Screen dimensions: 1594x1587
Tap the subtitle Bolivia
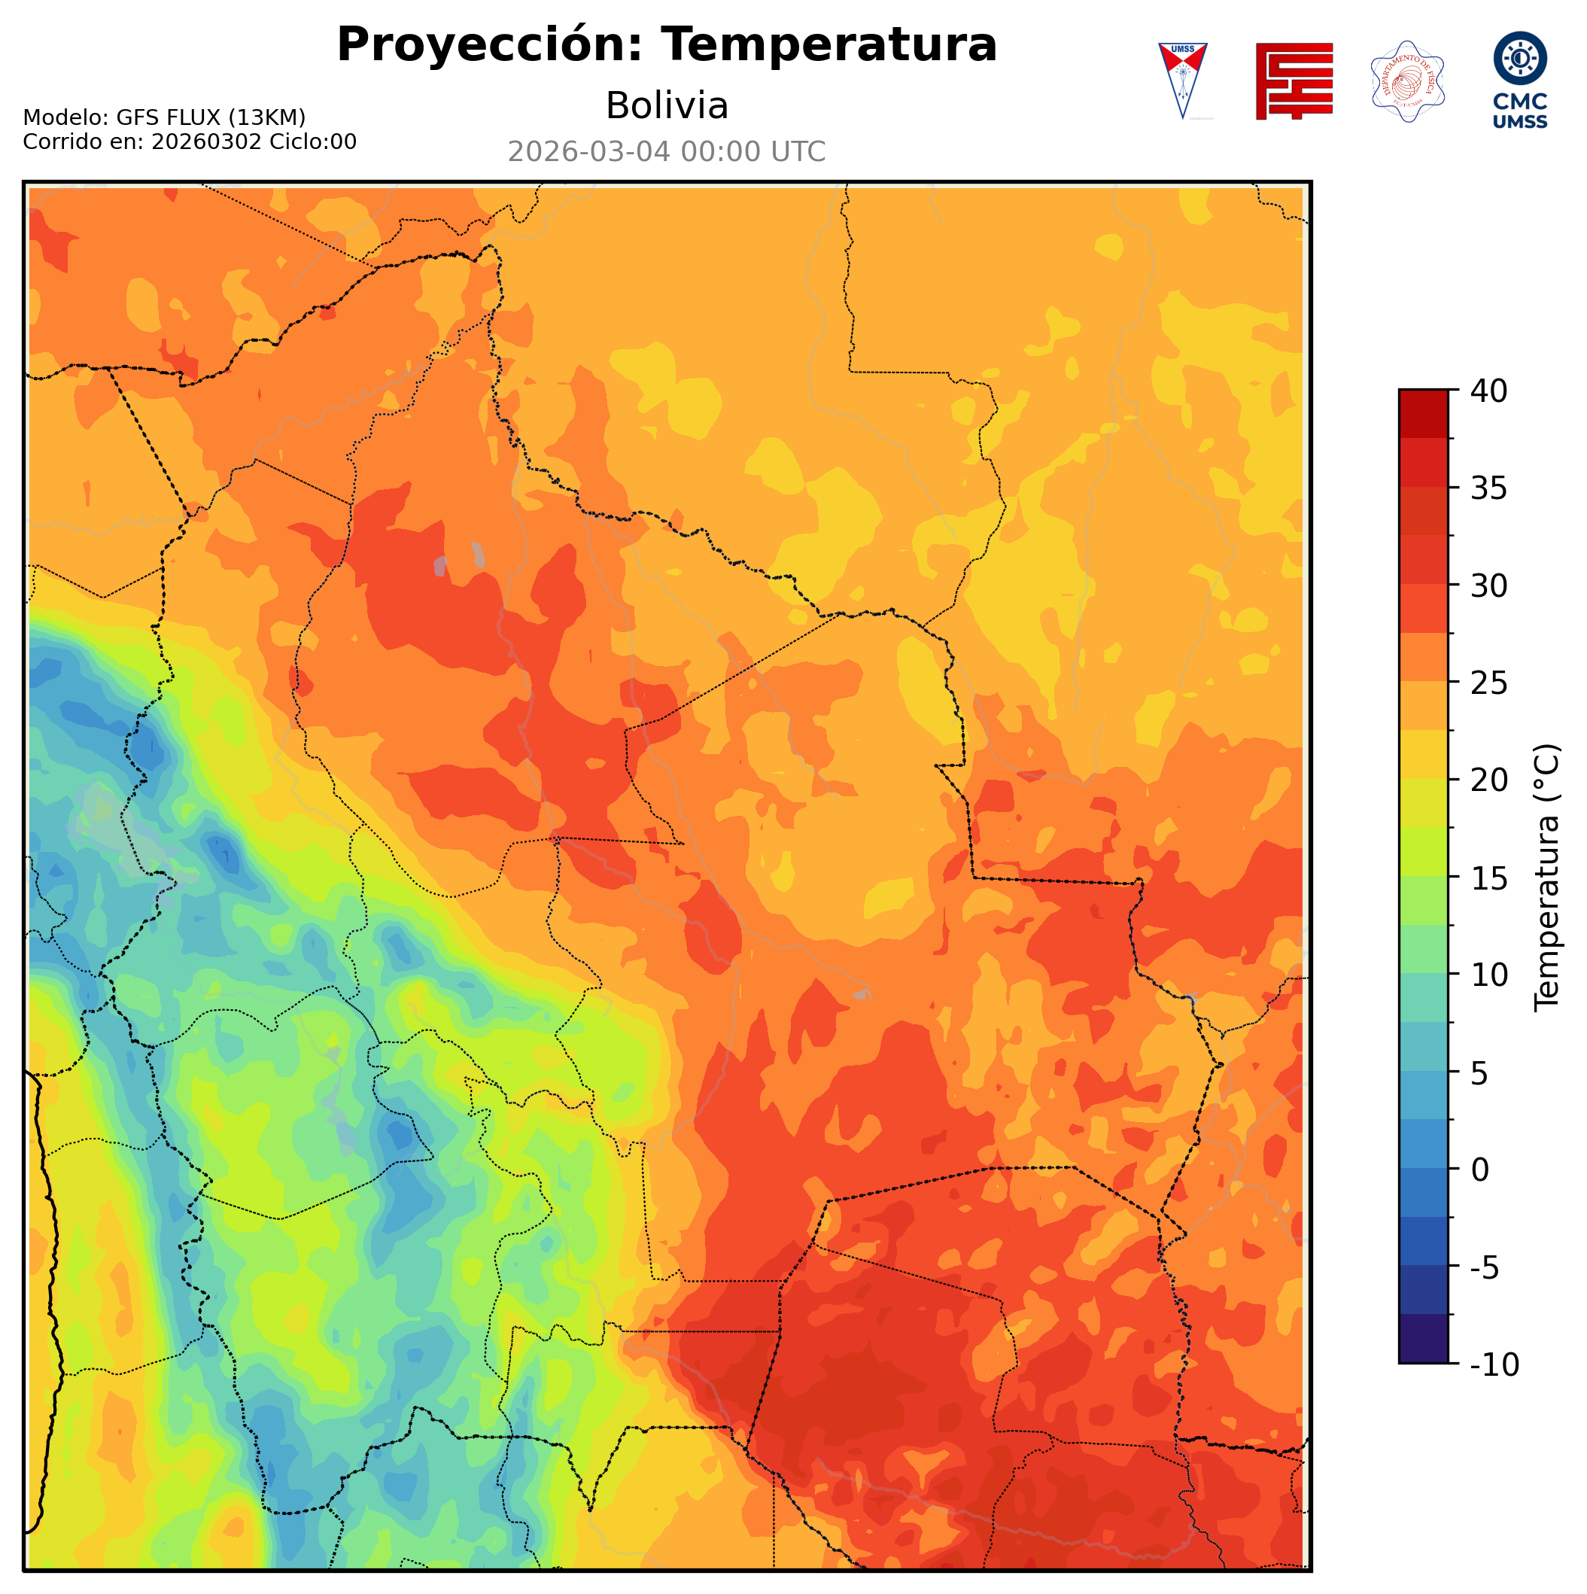(x=667, y=106)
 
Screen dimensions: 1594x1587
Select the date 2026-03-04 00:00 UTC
(x=667, y=153)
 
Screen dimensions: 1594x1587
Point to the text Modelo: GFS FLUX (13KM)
(x=164, y=118)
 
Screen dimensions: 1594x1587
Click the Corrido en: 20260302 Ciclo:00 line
(x=190, y=142)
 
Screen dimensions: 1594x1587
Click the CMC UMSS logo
(x=1519, y=80)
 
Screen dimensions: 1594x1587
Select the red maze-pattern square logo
(x=1294, y=81)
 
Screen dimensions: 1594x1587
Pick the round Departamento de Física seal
(x=1407, y=81)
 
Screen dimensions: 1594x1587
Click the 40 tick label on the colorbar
(x=1489, y=392)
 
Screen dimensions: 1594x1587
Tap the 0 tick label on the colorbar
(x=1481, y=1171)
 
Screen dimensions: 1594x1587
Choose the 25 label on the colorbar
(x=1489, y=684)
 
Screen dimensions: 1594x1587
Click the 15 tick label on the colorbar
(x=1489, y=879)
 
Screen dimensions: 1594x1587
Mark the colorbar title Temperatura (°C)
(x=1547, y=878)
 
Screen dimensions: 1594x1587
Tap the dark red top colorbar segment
(x=1423, y=413)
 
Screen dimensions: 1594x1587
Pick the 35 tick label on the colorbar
(x=1489, y=489)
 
